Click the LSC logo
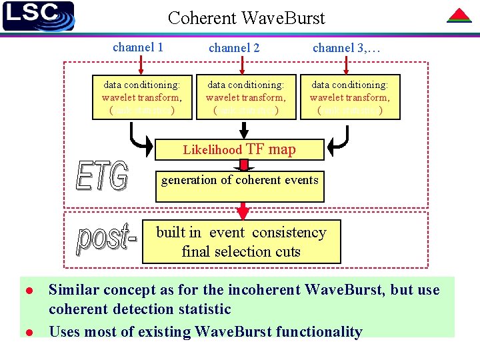(38, 16)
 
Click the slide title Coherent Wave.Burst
(246, 18)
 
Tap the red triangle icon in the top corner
(459, 15)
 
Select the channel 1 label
(138, 47)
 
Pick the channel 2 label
(234, 48)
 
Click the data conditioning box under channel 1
(141, 97)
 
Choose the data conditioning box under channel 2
(245, 97)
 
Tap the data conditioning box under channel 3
(349, 97)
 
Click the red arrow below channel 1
(139, 65)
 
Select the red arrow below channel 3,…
(347, 65)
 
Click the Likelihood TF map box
(239, 149)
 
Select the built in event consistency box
(241, 242)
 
